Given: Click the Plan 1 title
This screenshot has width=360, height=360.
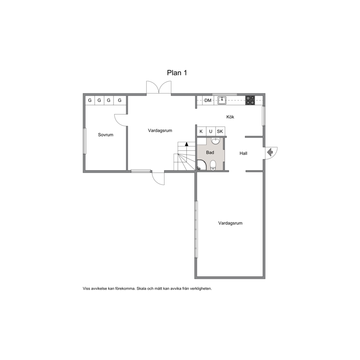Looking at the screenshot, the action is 177,73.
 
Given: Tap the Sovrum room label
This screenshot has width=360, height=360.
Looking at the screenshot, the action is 106,135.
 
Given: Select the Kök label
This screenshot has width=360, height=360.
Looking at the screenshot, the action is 230,117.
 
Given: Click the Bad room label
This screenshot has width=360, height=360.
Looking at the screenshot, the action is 210,152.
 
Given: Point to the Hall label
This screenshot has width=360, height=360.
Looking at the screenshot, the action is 244,154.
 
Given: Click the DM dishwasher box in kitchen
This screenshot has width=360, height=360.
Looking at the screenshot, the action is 208,100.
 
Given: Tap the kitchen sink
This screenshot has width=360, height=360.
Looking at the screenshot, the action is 222,100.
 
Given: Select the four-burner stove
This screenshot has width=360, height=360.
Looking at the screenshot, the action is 250,100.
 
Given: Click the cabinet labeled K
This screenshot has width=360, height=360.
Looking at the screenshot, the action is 201,131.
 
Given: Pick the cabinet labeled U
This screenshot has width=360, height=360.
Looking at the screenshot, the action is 211,131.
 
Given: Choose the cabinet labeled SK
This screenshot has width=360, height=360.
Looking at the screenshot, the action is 220,131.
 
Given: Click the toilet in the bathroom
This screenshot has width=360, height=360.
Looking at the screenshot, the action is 213,165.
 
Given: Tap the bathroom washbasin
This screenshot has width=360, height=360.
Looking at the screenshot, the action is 215,141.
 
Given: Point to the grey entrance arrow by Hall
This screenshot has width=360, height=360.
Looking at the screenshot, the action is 270,152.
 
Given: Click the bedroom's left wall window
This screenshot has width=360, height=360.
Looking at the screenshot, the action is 85,141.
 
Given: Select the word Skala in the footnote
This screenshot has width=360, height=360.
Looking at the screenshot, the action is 142,289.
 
